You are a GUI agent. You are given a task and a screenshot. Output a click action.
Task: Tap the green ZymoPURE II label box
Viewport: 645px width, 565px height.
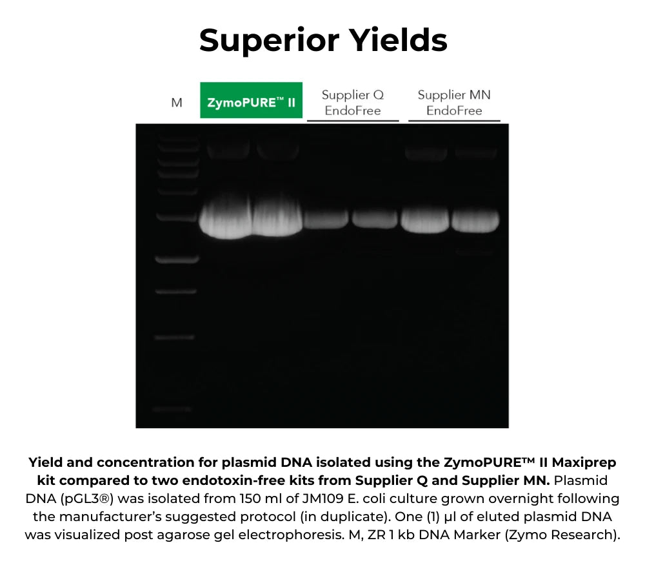pyautogui.click(x=251, y=101)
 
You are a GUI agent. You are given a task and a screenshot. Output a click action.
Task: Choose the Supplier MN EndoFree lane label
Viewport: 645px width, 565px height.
pyautogui.click(x=454, y=102)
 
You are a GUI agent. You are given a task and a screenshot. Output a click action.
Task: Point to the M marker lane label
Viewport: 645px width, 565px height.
pyautogui.click(x=176, y=103)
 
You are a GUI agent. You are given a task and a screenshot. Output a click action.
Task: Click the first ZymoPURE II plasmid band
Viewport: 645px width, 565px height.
pyautogui.click(x=224, y=221)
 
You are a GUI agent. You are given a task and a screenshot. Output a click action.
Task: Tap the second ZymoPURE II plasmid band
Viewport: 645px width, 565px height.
pyautogui.click(x=276, y=221)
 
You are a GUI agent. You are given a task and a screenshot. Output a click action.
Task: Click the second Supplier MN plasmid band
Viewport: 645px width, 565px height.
pyautogui.click(x=474, y=220)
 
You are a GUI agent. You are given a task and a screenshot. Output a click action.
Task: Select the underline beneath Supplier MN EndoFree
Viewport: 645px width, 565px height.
pyautogui.click(x=454, y=121)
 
